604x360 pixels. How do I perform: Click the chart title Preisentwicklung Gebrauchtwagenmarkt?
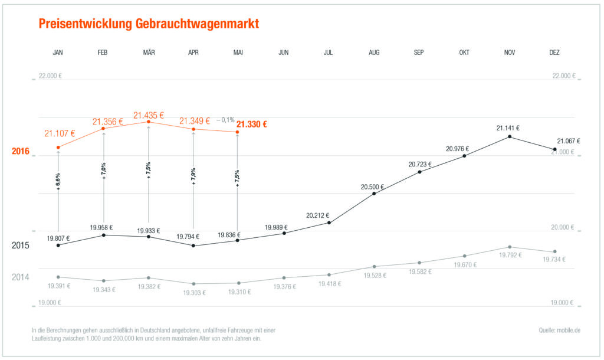coord(149,24)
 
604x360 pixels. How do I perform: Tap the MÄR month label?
coord(149,53)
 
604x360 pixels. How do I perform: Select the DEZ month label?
coord(554,53)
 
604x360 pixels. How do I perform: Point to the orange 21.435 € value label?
coord(149,115)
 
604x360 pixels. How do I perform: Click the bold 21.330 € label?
coord(252,124)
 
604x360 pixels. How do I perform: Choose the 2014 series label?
coord(21,277)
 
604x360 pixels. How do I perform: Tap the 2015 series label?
coord(21,245)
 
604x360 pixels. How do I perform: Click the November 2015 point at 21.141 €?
coord(510,137)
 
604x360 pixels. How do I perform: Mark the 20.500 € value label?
coord(372,186)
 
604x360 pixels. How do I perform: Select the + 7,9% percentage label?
coord(193,176)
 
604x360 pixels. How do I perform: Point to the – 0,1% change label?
coord(225,120)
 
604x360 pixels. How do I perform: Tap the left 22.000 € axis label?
coord(50,76)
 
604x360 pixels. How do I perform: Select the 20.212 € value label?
coord(317,215)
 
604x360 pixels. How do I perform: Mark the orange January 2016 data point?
coord(58,148)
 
